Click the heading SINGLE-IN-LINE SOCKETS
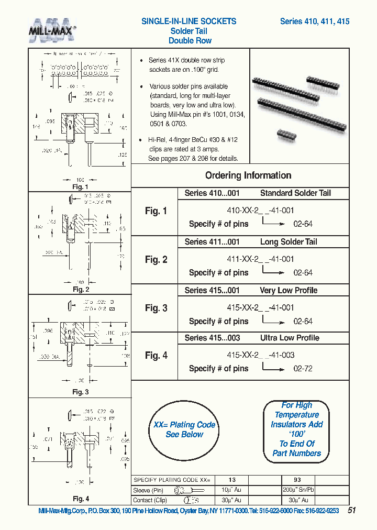click(189, 21)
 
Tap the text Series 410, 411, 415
click(315, 21)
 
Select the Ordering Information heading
click(248, 175)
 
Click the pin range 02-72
click(303, 369)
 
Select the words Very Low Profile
click(289, 291)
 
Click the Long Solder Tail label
click(289, 242)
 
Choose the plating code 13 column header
click(231, 480)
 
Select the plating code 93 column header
click(297, 480)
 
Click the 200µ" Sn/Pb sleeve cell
click(297, 490)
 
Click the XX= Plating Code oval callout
click(184, 430)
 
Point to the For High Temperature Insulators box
click(296, 429)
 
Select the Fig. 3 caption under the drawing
click(80, 392)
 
